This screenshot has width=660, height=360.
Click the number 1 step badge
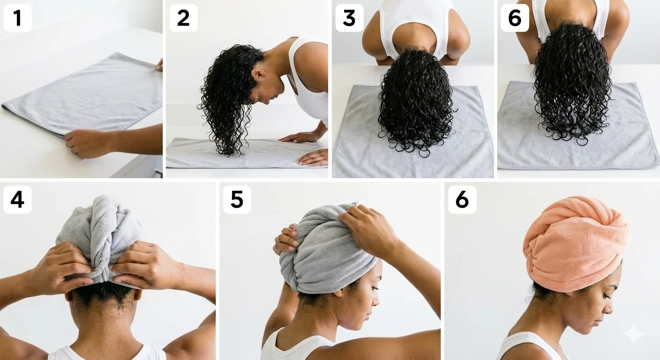pyautogui.click(x=17, y=18)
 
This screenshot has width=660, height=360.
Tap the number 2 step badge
pyautogui.click(x=183, y=18)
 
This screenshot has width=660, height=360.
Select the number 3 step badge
pyautogui.click(x=349, y=18)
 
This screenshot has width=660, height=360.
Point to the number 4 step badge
pyautogui.click(x=17, y=200)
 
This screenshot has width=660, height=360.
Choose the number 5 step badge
pyautogui.click(x=237, y=200)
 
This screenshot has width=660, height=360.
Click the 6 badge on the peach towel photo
pyautogui.click(x=462, y=200)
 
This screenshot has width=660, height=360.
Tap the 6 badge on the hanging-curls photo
pyautogui.click(x=515, y=18)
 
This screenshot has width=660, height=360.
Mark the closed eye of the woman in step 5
pyautogui.click(x=368, y=287)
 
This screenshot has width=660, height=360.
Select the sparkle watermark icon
pyautogui.click(x=633, y=334)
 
